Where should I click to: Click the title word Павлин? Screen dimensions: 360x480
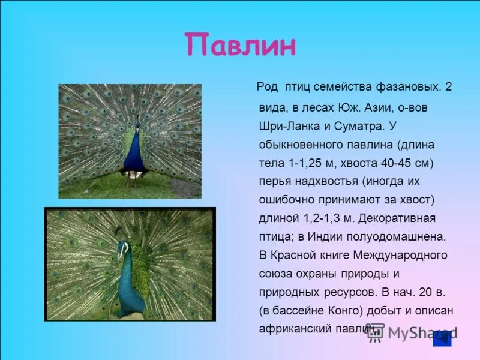pyautogui.click(x=240, y=46)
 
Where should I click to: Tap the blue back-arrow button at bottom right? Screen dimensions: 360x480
pyautogui.click(x=442, y=338)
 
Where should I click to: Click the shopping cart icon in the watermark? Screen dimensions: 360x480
pyautogui.click(x=376, y=334)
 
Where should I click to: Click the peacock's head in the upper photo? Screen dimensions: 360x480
pyautogui.click(x=137, y=124)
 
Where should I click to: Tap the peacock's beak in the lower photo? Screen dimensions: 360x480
pyautogui.click(x=119, y=255)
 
